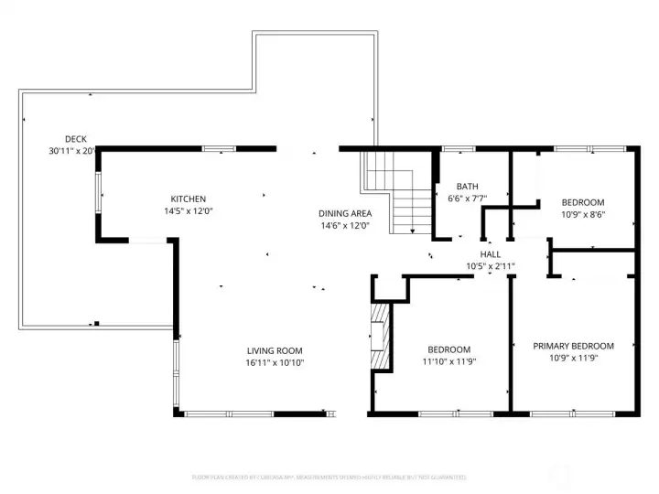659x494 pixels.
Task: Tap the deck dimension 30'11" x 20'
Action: click(72, 150)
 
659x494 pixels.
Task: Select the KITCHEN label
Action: click(189, 199)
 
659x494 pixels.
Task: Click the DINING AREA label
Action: click(344, 213)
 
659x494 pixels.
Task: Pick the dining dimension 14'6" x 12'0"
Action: click(344, 225)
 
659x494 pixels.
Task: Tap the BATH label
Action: click(467, 187)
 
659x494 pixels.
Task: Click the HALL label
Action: click(491, 254)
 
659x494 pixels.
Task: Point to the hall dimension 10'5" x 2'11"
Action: click(491, 266)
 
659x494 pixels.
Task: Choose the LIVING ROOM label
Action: click(275, 350)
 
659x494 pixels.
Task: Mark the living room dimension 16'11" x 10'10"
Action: click(275, 362)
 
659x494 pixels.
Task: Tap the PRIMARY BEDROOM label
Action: click(573, 346)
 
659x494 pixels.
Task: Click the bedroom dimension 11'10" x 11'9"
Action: click(449, 361)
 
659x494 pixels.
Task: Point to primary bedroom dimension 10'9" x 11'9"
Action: click(573, 359)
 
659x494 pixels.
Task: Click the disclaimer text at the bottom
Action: click(329, 477)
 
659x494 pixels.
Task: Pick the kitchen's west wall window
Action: click(100, 192)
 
